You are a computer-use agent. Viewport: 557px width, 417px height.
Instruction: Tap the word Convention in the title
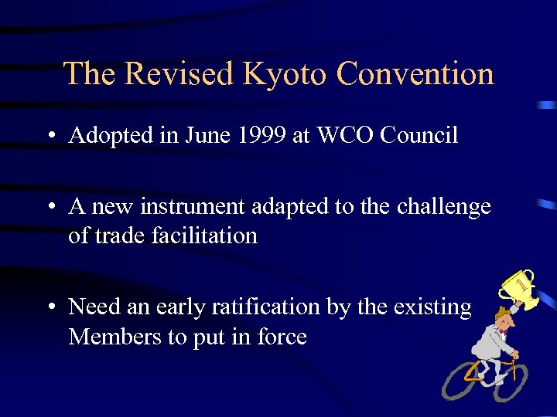pos(415,74)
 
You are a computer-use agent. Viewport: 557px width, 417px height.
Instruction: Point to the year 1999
pos(261,136)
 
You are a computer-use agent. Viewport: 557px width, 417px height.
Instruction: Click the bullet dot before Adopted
pos(50,137)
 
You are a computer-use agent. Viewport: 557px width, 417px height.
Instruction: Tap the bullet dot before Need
pos(50,308)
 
